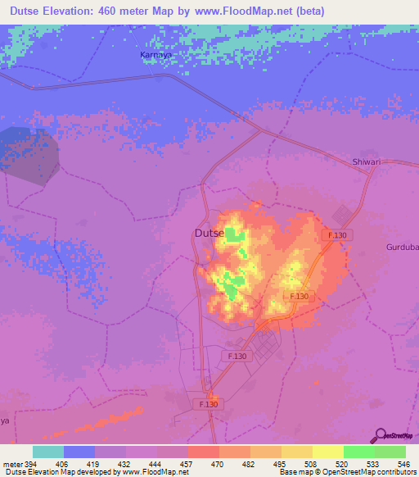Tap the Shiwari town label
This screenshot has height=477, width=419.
pyautogui.click(x=367, y=162)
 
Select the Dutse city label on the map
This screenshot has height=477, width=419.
pyautogui.click(x=209, y=233)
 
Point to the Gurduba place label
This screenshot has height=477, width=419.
pyautogui.click(x=402, y=247)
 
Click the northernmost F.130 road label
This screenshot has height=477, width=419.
pyautogui.click(x=337, y=235)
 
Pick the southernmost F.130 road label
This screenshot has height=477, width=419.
pyautogui.click(x=208, y=404)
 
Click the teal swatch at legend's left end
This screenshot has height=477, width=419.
pyautogui.click(x=48, y=452)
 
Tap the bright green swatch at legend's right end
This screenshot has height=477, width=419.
pyautogui.click(x=390, y=452)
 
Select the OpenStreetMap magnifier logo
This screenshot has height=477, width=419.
pyautogui.click(x=379, y=435)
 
